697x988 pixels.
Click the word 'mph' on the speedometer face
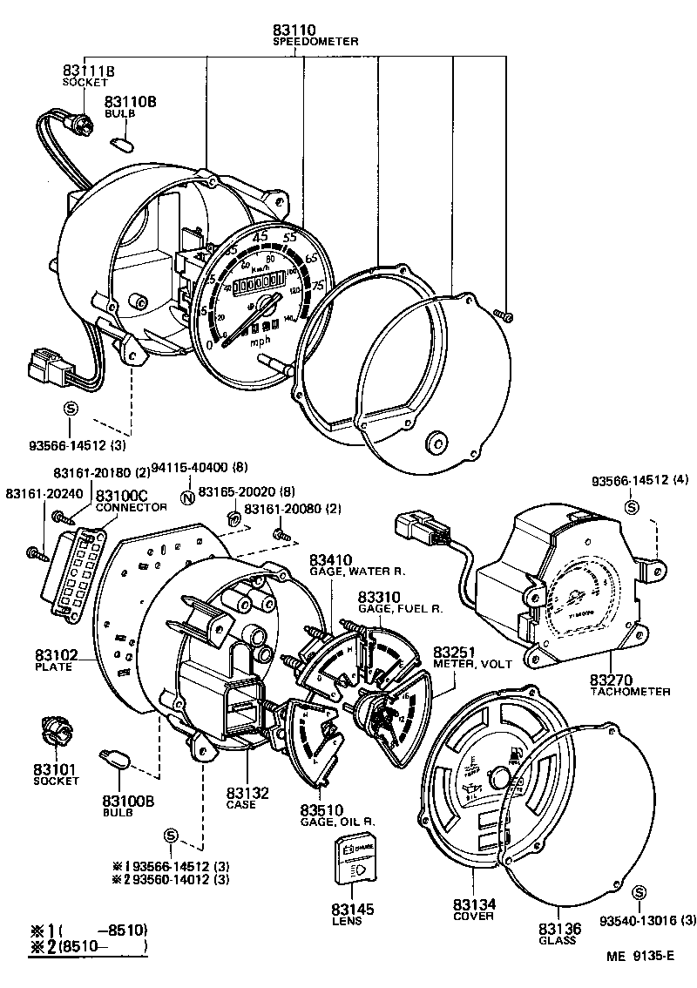tap(261, 342)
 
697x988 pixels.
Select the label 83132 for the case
tap(247, 793)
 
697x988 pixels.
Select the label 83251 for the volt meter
tap(452, 651)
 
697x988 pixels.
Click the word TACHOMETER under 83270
tap(630, 692)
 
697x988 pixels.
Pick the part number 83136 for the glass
tap(557, 929)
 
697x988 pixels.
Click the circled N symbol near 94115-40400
tap(186, 497)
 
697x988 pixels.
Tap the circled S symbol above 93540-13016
tap(640, 892)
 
